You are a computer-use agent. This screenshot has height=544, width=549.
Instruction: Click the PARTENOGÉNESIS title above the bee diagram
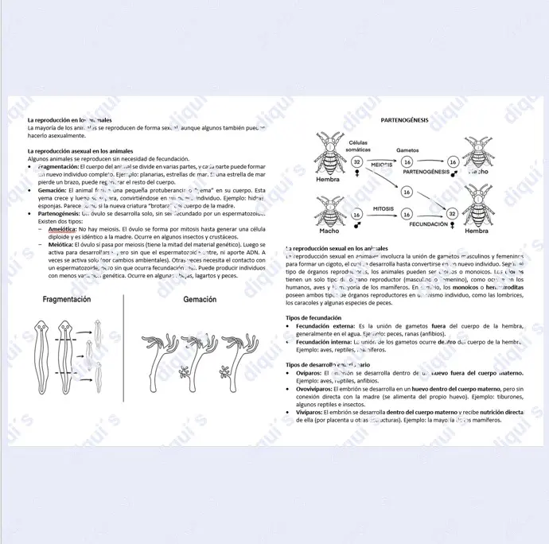click(x=404, y=120)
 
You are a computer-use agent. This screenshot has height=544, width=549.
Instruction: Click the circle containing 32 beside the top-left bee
click(x=357, y=162)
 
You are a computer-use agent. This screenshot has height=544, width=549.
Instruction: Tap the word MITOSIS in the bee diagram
click(x=384, y=208)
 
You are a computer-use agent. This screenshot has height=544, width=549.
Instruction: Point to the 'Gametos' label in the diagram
click(x=407, y=150)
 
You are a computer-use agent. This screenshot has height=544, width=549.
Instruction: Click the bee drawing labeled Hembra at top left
click(x=328, y=155)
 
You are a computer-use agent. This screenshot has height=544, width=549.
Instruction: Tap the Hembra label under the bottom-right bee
click(x=476, y=231)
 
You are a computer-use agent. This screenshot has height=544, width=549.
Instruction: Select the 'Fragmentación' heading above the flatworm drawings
click(x=66, y=300)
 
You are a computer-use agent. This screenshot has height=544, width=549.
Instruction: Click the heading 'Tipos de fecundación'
click(x=313, y=318)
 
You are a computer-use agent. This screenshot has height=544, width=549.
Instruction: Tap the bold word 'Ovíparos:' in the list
click(x=309, y=373)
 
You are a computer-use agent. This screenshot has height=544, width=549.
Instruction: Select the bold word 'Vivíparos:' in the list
click(x=310, y=412)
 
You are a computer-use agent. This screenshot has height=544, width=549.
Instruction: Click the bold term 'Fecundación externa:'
click(x=326, y=326)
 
